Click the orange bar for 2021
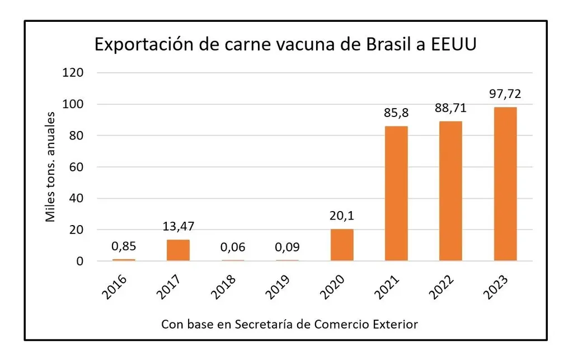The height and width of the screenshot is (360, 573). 396,193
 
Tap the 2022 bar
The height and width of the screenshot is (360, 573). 451,191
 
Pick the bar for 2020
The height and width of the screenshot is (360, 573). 341,245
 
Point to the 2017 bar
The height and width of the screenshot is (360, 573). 178,250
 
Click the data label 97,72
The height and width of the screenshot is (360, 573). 505,93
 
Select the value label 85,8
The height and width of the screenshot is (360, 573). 396,113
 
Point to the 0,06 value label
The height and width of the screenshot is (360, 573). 232,247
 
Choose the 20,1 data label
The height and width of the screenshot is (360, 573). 341,215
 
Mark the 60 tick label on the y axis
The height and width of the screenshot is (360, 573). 78,167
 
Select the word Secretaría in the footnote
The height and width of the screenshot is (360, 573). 269,324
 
